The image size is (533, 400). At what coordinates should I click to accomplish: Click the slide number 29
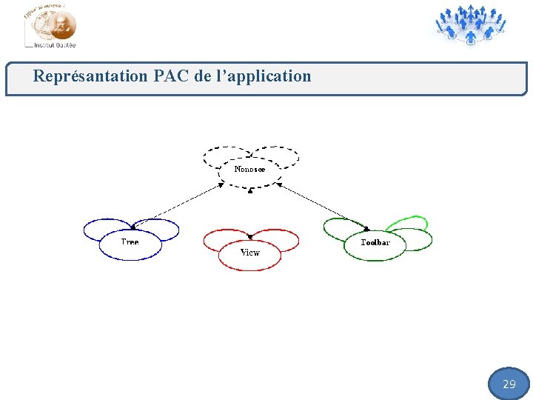click(x=509, y=384)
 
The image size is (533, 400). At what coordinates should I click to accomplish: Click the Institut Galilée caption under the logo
click(x=55, y=45)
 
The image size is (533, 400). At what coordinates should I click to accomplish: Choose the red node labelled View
click(x=250, y=254)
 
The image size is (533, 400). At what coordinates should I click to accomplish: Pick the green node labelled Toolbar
click(x=375, y=245)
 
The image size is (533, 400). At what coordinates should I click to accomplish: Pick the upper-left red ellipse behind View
click(x=221, y=239)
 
